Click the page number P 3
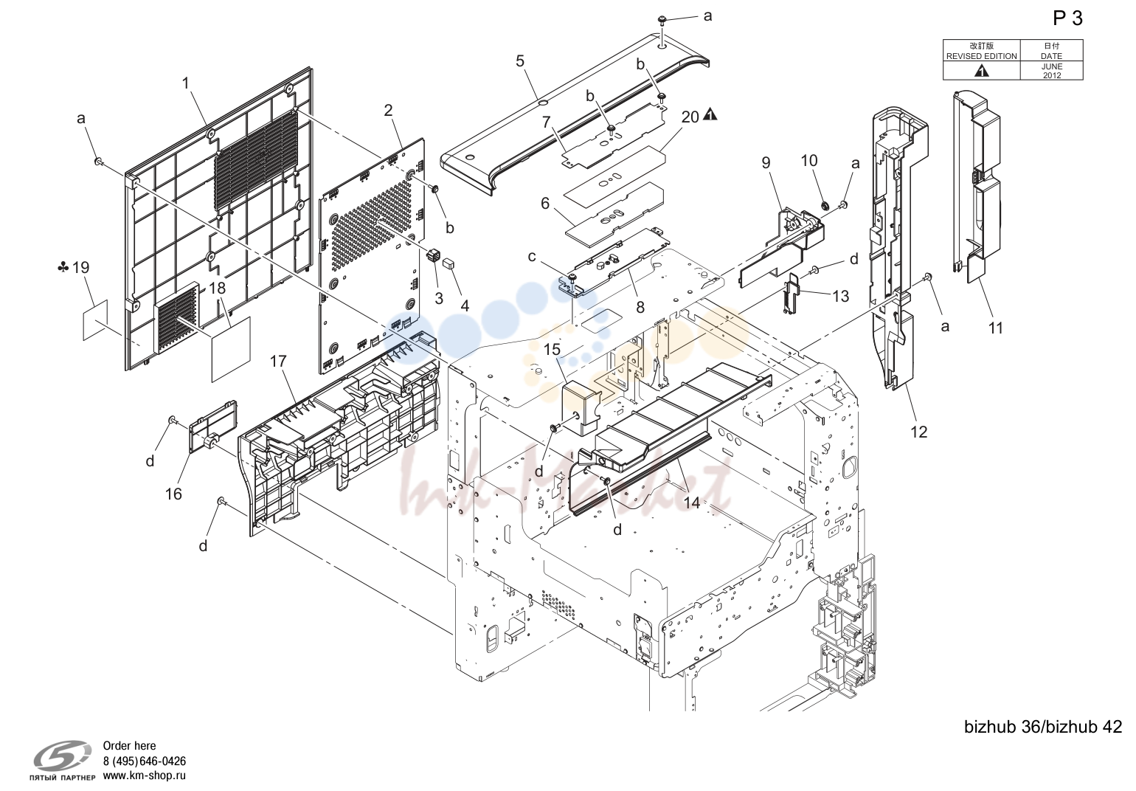(1067, 18)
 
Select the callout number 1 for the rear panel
(186, 83)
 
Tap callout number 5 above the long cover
(520, 61)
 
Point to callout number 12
(918, 432)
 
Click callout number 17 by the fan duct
(278, 362)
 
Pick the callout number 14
(692, 502)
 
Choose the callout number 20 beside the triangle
(690, 117)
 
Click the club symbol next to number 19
(63, 267)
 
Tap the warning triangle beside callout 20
(710, 114)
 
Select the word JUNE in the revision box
(1052, 66)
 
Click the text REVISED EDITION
(981, 56)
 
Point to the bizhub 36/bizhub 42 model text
(1043, 727)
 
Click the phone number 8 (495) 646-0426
(145, 761)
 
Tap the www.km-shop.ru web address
(145, 776)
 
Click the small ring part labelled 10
(825, 205)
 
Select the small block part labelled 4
(449, 263)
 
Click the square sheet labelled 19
(96, 319)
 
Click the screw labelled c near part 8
(573, 277)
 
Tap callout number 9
(766, 163)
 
